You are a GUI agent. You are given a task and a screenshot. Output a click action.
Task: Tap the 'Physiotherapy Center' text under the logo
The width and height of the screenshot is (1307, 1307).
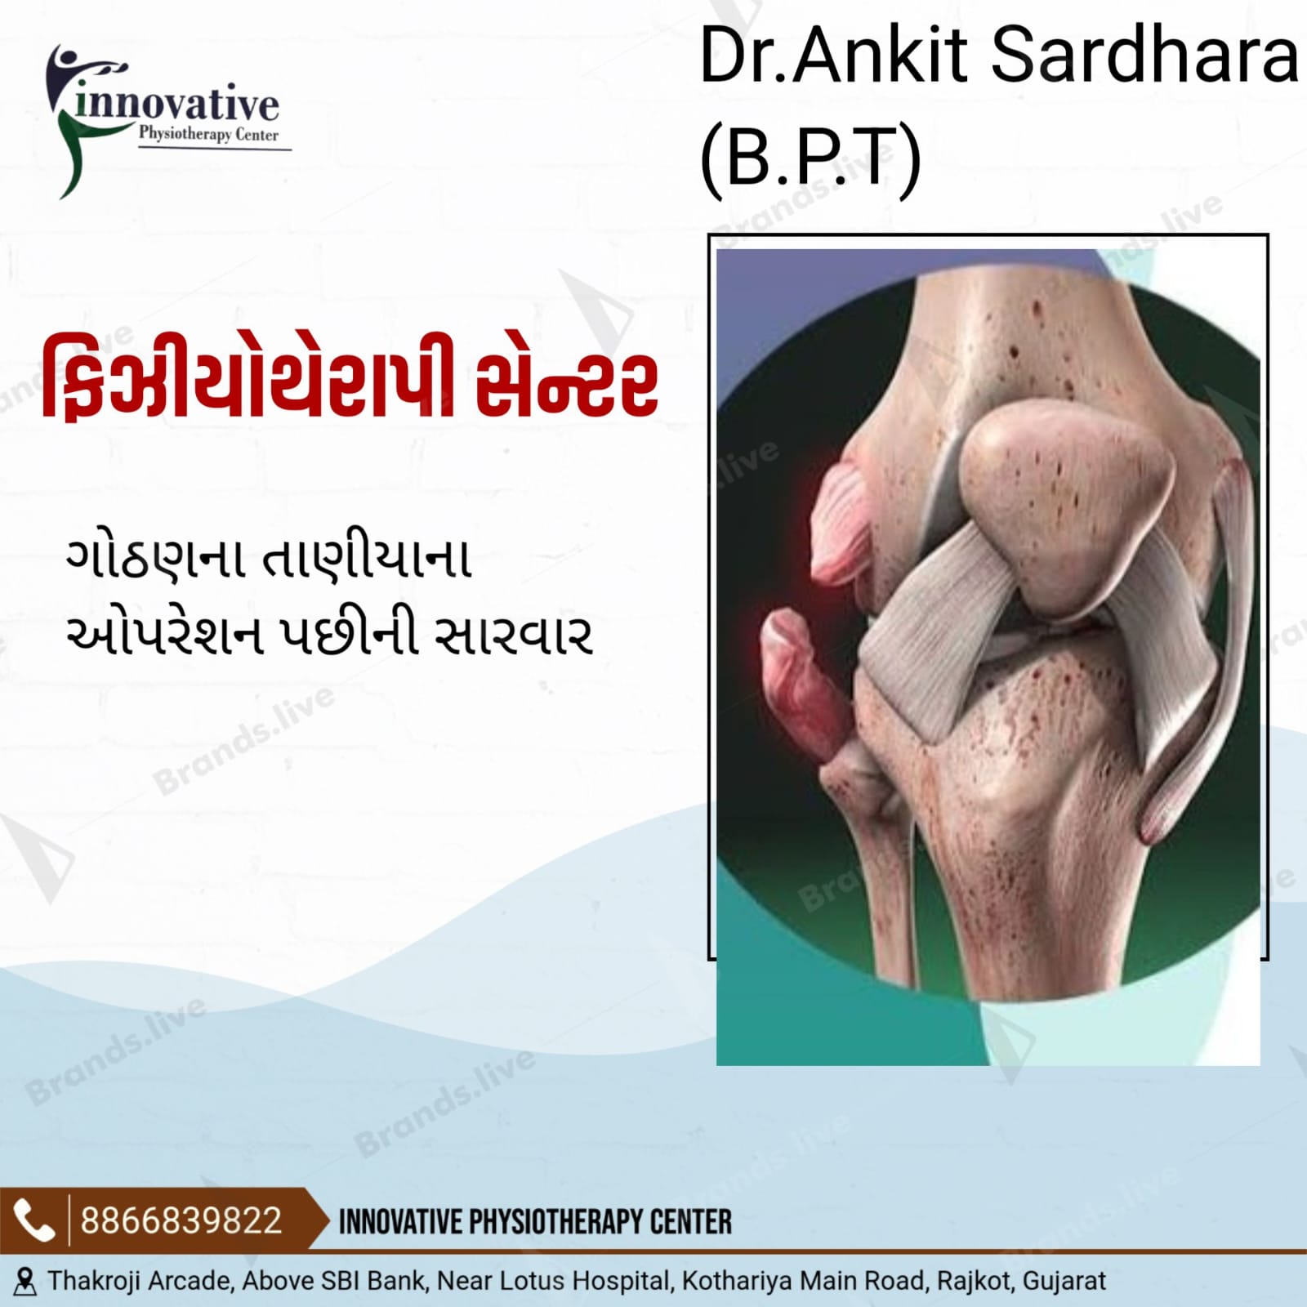pyautogui.click(x=208, y=135)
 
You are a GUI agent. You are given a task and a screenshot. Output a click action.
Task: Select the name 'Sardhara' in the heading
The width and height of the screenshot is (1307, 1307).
pyautogui.click(x=1144, y=56)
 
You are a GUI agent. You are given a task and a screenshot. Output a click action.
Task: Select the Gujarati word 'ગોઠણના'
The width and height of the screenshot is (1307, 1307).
pyautogui.click(x=155, y=560)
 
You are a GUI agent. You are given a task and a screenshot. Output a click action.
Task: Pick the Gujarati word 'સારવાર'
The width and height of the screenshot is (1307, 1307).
pyautogui.click(x=512, y=636)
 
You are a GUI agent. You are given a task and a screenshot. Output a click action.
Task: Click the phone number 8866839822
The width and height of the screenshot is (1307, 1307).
pyautogui.click(x=181, y=1221)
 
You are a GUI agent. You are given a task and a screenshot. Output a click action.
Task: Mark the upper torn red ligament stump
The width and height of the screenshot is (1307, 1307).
pyautogui.click(x=841, y=523)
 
